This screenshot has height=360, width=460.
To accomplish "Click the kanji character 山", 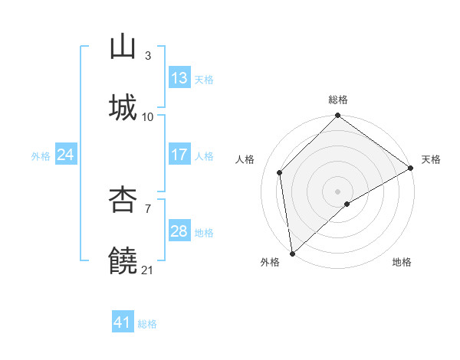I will [x=123, y=47].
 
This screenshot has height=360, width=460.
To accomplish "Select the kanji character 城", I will [x=123, y=107].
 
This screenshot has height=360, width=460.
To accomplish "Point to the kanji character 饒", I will [x=123, y=260].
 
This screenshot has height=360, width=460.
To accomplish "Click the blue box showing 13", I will [x=179, y=78].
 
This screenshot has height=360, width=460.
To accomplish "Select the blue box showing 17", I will [x=179, y=155].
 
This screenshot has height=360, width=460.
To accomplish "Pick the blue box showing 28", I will [x=179, y=231].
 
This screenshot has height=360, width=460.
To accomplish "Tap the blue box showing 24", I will [x=65, y=155].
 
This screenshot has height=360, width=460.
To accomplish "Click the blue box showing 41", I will [x=123, y=323].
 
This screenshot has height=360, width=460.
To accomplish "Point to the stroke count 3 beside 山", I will [x=148, y=55].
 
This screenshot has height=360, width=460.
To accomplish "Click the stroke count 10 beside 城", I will [x=148, y=116].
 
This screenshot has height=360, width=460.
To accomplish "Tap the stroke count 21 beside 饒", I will [x=148, y=270].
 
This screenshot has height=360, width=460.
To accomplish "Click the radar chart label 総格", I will [x=338, y=100].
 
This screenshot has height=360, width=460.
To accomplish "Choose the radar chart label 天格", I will [x=432, y=159].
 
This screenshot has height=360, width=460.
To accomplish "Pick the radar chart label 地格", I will [x=402, y=262].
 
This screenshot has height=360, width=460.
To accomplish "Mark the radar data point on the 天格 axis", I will [x=411, y=168].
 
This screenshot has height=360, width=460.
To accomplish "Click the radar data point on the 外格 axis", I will [x=292, y=253].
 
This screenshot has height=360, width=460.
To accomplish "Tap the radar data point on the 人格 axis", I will [x=280, y=172].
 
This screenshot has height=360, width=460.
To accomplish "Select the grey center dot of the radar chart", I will [x=338, y=191].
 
